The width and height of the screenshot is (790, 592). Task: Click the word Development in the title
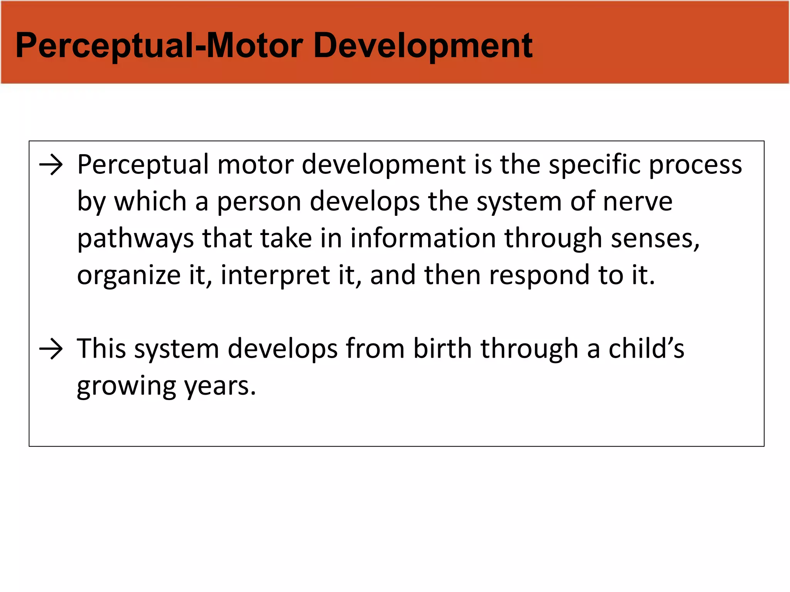click(423, 46)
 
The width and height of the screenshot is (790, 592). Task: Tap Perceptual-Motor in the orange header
click(160, 46)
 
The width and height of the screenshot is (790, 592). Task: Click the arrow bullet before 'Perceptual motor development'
click(51, 165)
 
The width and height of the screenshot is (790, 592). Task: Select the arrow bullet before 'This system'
click(51, 350)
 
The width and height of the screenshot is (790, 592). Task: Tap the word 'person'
click(259, 202)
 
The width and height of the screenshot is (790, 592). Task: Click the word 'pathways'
click(135, 239)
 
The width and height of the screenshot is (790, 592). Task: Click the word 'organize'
click(129, 276)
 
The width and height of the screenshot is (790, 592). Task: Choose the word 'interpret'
click(275, 276)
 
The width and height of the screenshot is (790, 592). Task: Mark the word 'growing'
click(126, 387)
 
